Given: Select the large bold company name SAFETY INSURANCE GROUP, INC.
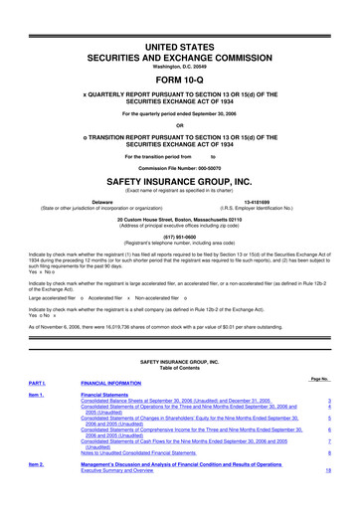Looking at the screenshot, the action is [180, 183].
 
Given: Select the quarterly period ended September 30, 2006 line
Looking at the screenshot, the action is [180, 112].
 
